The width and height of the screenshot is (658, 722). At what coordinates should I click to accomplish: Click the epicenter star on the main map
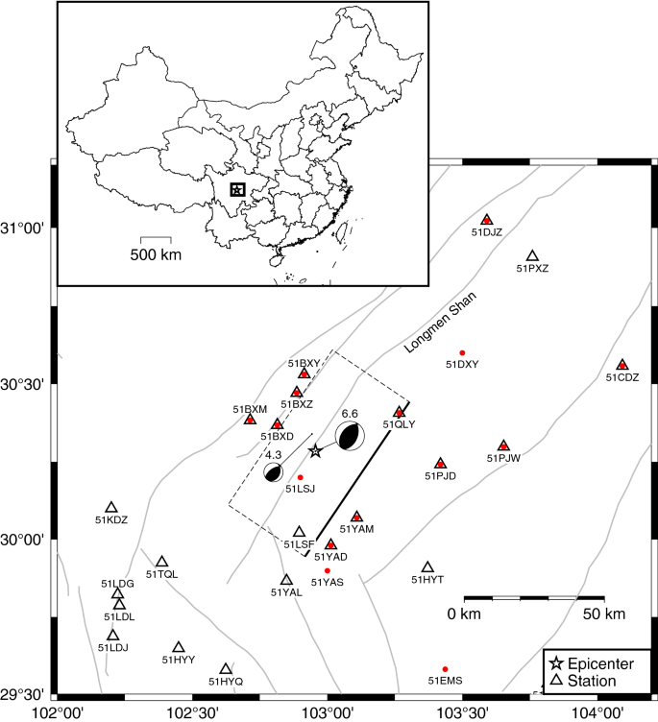coord(315,450)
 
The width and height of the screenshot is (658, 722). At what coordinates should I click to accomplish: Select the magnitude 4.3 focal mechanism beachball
coord(273,471)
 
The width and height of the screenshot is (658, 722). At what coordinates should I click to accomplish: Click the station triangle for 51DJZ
coord(487,220)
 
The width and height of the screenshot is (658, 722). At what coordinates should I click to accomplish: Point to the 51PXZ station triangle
coord(532,256)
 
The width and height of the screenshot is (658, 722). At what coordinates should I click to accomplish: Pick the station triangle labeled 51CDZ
coord(621,365)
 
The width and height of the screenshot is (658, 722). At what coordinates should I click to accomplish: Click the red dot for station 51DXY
coord(462,353)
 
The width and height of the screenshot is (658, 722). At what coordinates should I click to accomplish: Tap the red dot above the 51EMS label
coord(445,669)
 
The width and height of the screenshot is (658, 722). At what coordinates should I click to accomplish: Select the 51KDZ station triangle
coord(111,507)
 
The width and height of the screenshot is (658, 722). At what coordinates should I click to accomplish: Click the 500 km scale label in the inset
coord(156,254)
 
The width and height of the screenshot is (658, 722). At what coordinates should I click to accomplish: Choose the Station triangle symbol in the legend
coord(555,681)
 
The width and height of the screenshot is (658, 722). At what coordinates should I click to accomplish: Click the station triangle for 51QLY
coord(400,412)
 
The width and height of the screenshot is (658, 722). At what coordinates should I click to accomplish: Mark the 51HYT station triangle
coord(428,567)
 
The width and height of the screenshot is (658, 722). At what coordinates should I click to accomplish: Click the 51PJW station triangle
coord(503,445)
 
